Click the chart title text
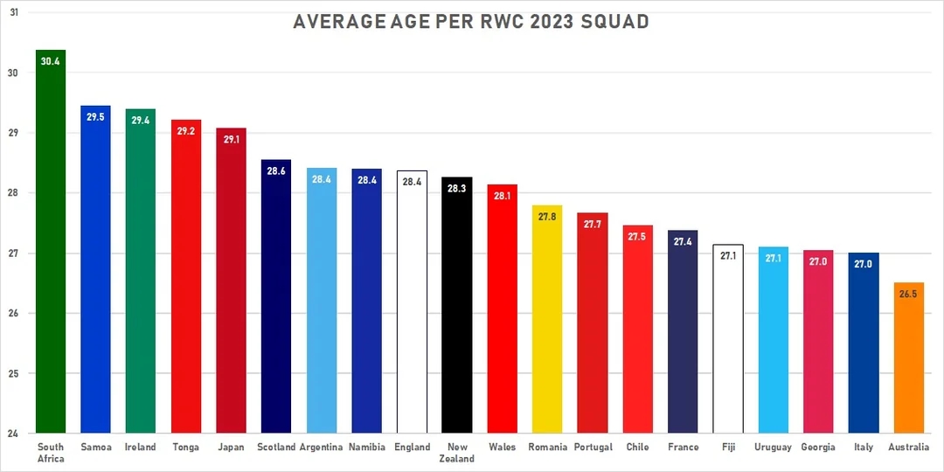[471, 22]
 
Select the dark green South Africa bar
[51, 245]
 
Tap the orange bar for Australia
[908, 358]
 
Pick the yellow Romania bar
[546, 323]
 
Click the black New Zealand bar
[456, 306]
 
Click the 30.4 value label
[51, 62]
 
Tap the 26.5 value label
[908, 295]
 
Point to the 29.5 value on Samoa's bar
[95, 117]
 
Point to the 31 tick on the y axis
[13, 12]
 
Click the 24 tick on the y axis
[13, 433]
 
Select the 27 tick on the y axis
[13, 253]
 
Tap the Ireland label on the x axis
[140, 448]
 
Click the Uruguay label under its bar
[773, 448]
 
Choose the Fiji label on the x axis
[728, 448]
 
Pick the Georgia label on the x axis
[818, 448]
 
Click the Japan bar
[231, 280]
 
